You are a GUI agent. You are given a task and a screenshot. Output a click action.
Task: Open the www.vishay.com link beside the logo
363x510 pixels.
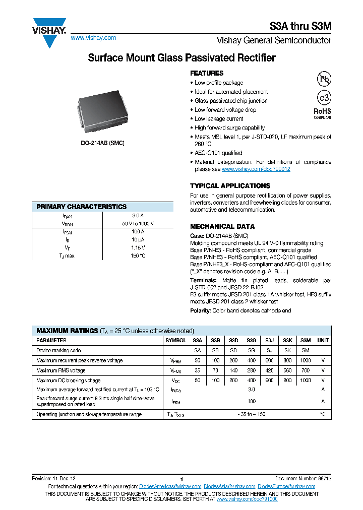(93, 38)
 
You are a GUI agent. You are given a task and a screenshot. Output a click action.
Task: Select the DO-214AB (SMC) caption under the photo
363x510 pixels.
(102, 143)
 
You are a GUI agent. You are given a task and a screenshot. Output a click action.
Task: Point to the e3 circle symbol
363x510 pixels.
(323, 98)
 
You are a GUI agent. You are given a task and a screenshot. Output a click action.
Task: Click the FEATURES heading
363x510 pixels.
(207, 73)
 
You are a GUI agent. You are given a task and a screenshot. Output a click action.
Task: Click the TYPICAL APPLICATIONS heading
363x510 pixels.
(230, 185)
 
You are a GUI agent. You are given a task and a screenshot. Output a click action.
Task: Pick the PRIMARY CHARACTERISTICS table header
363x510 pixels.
(82, 207)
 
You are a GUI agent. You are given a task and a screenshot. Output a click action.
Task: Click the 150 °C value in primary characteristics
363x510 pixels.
(138, 256)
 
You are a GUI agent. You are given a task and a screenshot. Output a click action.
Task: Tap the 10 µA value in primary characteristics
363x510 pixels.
(138, 239)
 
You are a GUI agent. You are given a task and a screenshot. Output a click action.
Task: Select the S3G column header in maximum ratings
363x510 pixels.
(251, 340)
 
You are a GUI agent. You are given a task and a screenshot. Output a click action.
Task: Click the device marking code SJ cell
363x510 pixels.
(269, 350)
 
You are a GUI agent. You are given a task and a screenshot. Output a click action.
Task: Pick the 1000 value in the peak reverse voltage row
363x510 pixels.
(305, 360)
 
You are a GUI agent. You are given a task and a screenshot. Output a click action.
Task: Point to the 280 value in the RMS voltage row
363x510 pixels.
(251, 370)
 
